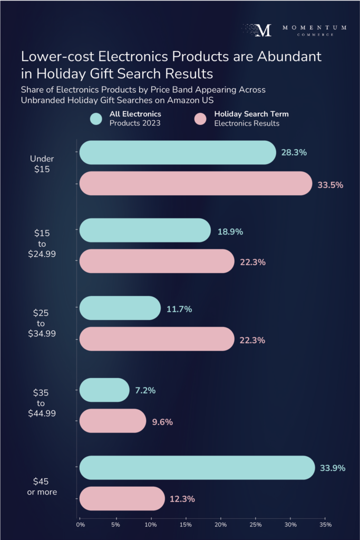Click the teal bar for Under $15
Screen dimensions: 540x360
pyautogui.click(x=177, y=152)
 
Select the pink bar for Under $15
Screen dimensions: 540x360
pyautogui.click(x=196, y=184)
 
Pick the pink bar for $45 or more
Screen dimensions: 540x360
pyautogui.click(x=122, y=498)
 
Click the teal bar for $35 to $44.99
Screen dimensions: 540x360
pyautogui.click(x=104, y=390)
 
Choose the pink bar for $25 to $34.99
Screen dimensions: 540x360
pyautogui.click(x=157, y=339)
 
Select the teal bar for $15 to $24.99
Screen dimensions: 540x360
pyautogui.click(x=145, y=230)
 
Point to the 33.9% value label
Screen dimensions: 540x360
pyautogui.click(x=333, y=468)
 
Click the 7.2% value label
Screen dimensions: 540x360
pyautogui.click(x=145, y=391)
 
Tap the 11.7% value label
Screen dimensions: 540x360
pyautogui.click(x=179, y=308)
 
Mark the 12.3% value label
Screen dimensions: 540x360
pyautogui.click(x=182, y=499)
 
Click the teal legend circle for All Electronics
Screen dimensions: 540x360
pyautogui.click(x=96, y=119)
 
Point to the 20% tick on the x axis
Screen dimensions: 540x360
pyautogui.click(x=220, y=525)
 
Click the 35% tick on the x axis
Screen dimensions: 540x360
pyautogui.click(x=325, y=525)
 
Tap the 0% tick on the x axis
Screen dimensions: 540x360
pyautogui.click(x=81, y=525)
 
